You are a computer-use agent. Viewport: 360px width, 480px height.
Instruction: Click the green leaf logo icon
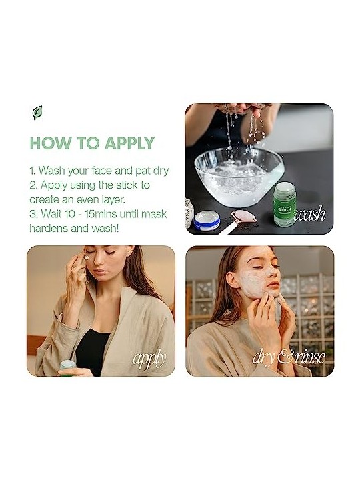pos(37,113)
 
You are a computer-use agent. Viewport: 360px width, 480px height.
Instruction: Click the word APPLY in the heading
pos(129,143)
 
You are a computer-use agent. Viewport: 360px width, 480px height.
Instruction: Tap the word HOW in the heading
pos(48,143)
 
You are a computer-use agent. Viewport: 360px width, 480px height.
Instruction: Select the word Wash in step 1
pos(52,171)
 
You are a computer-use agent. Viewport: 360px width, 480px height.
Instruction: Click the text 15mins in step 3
pos(101,214)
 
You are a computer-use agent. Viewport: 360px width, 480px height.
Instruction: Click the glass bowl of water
pos(239,176)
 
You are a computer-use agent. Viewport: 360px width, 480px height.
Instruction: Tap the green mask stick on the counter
pos(285,203)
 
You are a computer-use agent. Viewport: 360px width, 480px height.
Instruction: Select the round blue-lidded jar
pos(207,221)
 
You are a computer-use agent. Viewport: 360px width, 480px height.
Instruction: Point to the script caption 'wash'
pos(309,213)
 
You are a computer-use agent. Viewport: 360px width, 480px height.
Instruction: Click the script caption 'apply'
pos(149,359)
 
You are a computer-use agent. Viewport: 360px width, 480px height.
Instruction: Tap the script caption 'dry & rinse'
pos(289,357)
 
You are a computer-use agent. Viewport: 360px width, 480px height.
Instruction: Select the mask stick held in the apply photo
pos(68,367)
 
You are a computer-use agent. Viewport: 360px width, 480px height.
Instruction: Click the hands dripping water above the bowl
pos(242,109)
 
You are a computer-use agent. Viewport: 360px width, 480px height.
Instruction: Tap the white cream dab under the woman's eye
pos(86,257)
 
